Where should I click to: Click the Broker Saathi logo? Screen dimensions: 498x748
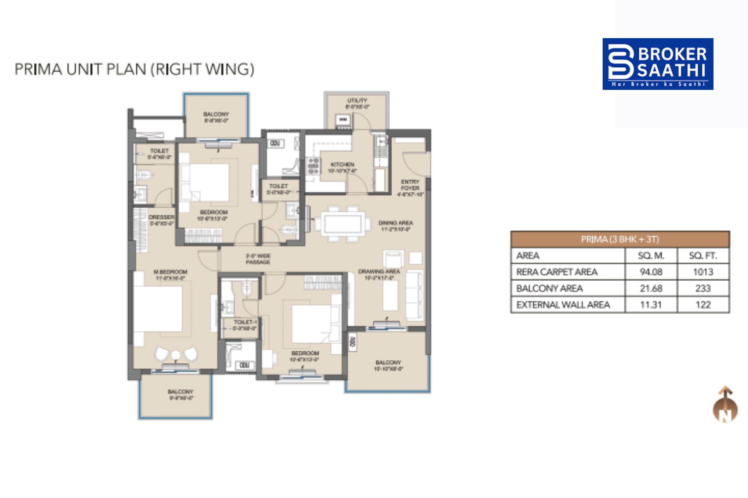pos(658,64)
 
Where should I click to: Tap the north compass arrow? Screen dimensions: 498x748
pos(725,405)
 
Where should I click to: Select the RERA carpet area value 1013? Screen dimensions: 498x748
pos(703,272)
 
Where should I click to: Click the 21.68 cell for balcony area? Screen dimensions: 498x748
pos(651,288)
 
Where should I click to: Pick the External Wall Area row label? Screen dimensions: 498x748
pos(563,305)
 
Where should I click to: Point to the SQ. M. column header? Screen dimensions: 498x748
pos(651,256)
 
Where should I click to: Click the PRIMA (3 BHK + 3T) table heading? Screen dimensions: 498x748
pos(619,239)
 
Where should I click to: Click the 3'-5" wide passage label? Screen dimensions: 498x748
pos(258,259)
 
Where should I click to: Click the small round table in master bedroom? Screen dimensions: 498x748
pos(176,355)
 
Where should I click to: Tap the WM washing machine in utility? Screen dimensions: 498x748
pos(343,119)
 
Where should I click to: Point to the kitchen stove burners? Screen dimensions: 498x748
pos(313,165)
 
